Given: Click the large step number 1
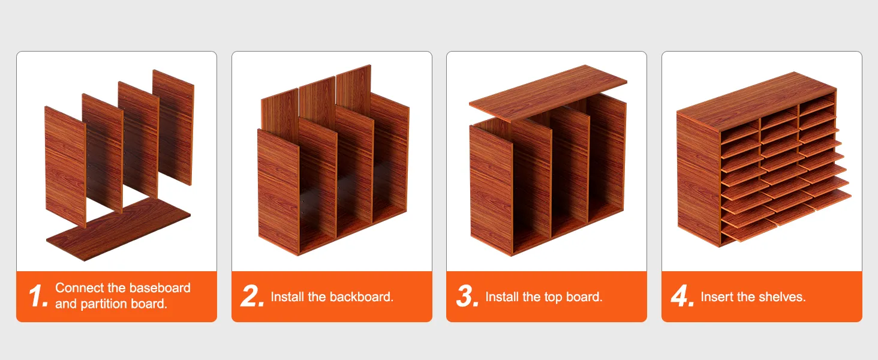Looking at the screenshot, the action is coord(38,296).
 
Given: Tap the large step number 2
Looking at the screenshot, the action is coord(252,296).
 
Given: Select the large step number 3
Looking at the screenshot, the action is coord(467,296).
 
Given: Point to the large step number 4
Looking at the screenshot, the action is coord(682,296).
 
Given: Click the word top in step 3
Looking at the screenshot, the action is coord(553,298).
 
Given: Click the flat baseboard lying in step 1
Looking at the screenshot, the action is coord(118,229).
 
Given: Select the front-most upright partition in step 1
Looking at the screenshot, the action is coord(65,166).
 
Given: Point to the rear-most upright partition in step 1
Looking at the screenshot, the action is coord(173,127).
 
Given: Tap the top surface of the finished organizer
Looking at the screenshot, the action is coord(756,100).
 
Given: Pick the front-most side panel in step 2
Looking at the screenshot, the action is coord(279,192).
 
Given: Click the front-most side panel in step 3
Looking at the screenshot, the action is coord(491,190).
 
